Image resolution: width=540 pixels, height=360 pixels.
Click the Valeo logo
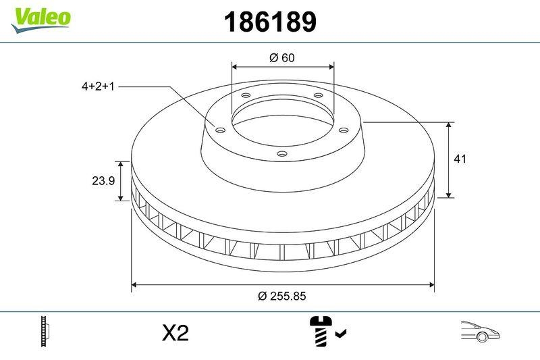[x=40, y=18]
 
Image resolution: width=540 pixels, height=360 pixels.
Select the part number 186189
[x=269, y=23]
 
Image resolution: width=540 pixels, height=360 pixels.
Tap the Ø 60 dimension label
[x=282, y=58]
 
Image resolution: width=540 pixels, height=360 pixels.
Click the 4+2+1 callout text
[x=98, y=86]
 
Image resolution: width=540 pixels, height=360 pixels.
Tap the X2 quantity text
[x=175, y=333]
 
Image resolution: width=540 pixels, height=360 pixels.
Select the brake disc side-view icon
[x=46, y=332]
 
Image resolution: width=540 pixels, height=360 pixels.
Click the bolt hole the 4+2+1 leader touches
[x=220, y=129]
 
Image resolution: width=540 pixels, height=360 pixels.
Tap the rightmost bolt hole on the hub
[x=343, y=130]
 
